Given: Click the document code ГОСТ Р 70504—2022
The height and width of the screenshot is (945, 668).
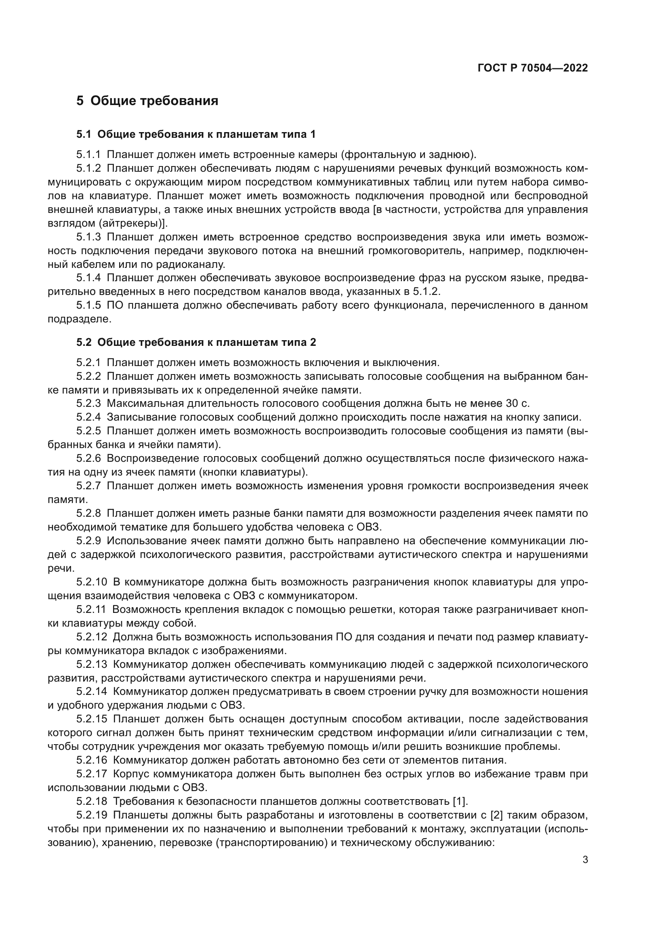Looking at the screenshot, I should click(x=533, y=68).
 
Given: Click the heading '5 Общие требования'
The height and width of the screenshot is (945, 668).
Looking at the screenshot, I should click(x=147, y=101).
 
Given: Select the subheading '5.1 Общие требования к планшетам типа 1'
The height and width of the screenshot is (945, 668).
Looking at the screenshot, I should click(x=196, y=134).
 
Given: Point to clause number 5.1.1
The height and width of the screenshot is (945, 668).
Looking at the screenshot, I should click(x=88, y=155).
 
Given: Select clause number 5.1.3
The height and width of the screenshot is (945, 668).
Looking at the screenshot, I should click(x=88, y=237).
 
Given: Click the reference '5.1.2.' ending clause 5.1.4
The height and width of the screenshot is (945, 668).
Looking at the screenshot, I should click(x=426, y=292).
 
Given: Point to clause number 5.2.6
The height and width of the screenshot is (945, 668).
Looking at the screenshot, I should click(x=88, y=459).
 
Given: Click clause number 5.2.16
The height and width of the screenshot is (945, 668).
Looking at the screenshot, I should click(x=91, y=760).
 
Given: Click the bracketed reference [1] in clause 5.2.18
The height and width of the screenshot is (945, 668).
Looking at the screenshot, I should click(x=459, y=801).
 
